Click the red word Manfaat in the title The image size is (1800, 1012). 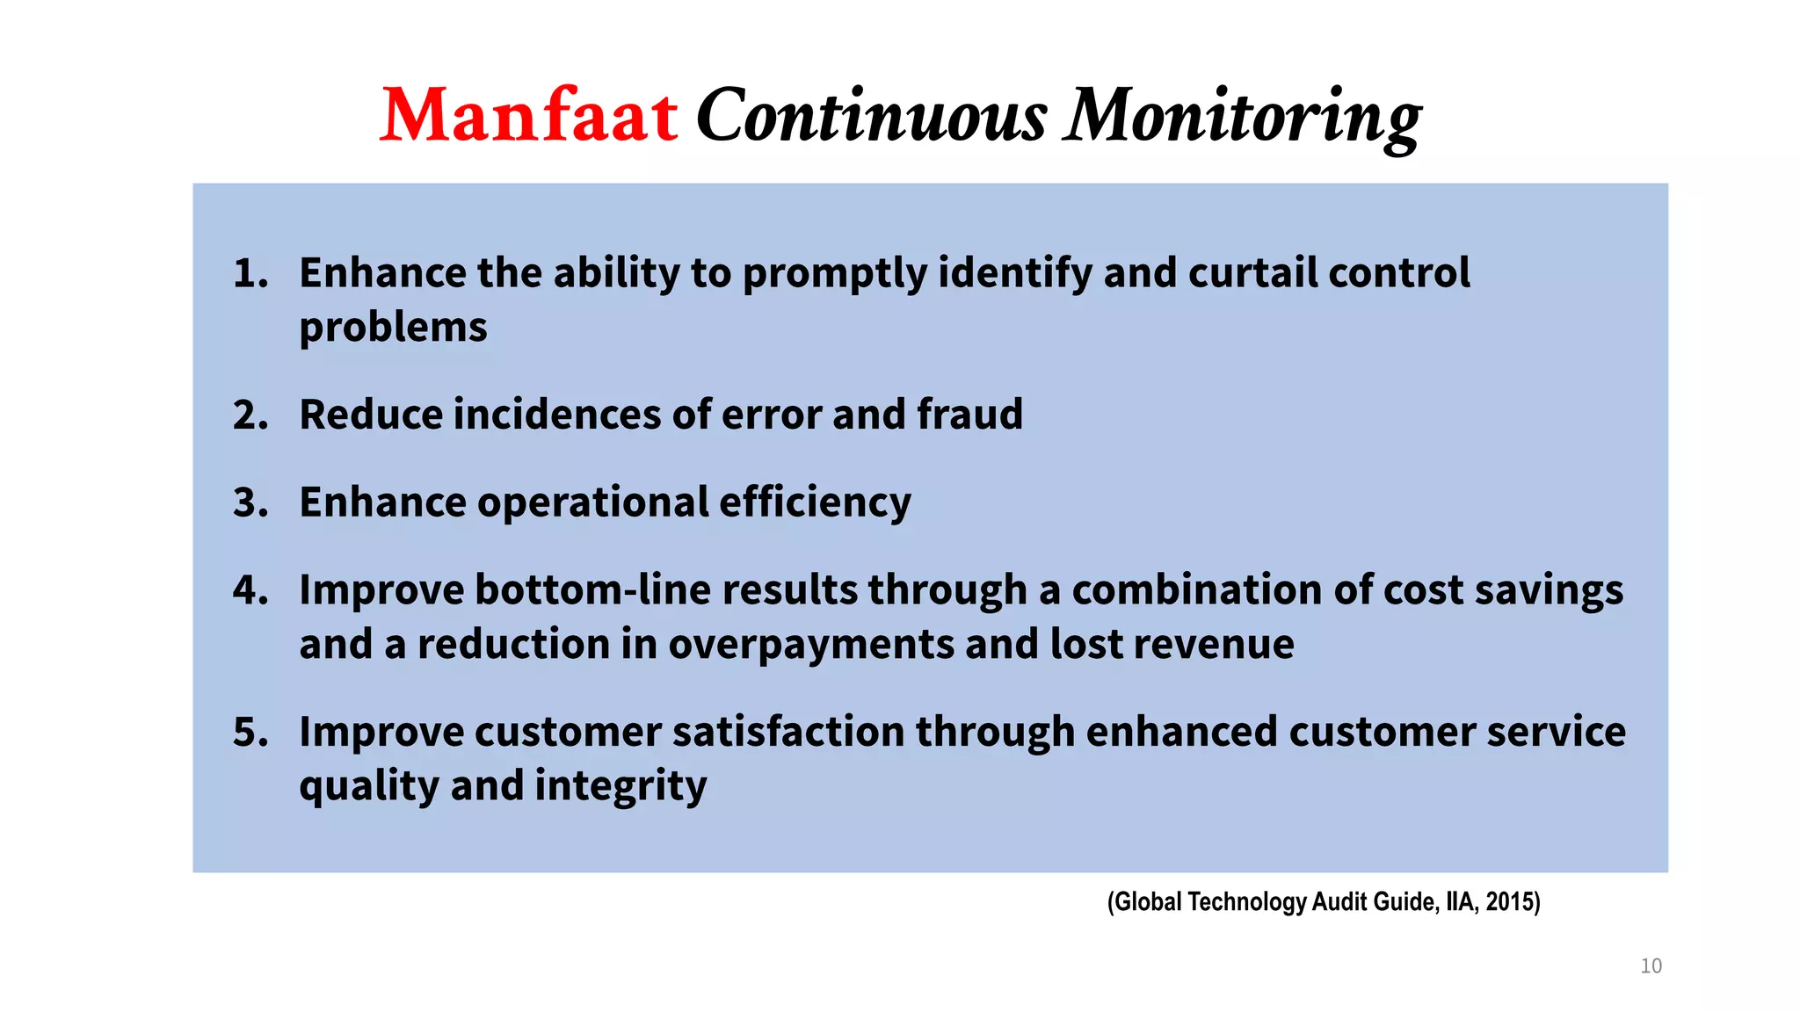(x=528, y=116)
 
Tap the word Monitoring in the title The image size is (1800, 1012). (x=1241, y=116)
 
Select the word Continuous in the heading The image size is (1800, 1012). (x=871, y=116)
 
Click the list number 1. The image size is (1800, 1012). (x=250, y=273)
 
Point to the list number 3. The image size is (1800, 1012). (x=250, y=503)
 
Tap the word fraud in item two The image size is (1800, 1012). (x=969, y=415)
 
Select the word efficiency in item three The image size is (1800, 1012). (x=815, y=503)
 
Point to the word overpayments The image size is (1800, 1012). (x=810, y=645)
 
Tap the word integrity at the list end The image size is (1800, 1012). (x=621, y=786)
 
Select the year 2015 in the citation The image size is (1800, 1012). (x=1510, y=902)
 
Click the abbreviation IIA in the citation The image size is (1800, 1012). (x=1461, y=902)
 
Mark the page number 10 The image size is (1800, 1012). (x=1651, y=966)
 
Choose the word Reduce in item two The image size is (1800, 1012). (x=370, y=415)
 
